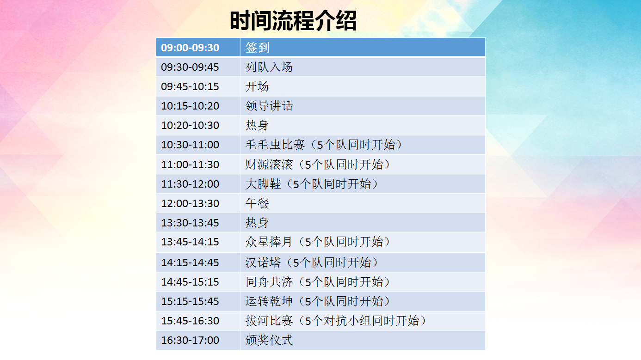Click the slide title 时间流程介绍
coord(293,21)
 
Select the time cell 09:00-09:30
coord(190,48)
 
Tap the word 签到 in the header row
coord(257,48)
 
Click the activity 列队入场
coord(269,67)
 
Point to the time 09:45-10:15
coord(190,86)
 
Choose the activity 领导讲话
coord(269,106)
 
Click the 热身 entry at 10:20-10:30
coord(257,125)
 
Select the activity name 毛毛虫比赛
coord(275,145)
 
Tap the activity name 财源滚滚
coord(269,165)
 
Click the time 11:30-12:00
coord(190,184)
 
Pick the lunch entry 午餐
coord(257,203)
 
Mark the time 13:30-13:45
coord(190,223)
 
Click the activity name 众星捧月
coord(269,242)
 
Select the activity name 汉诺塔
coord(263,262)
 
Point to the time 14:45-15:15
coord(190,282)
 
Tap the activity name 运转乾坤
coord(269,301)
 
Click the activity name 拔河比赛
coord(269,321)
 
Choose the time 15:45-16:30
coord(190,321)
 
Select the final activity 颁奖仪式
coord(269,340)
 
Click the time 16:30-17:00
coord(190,340)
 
